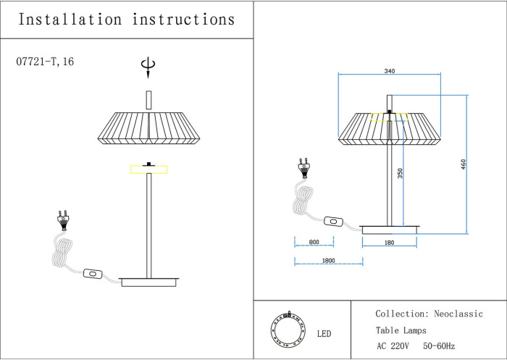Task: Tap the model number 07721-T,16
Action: coord(45,62)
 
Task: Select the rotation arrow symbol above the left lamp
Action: coord(148,67)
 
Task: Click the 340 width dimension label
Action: coord(390,70)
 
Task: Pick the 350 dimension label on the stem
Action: coord(400,173)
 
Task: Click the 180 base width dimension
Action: coord(390,243)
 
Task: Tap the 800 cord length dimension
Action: coord(314,243)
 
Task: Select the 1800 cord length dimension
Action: coord(327,260)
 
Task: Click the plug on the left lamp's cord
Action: coord(62,219)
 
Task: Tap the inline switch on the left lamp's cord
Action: coord(93,274)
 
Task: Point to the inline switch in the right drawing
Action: coord(335,221)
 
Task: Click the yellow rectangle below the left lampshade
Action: coord(148,170)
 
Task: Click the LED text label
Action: coord(324,334)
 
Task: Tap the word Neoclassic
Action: coord(458,314)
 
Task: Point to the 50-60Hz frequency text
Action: coord(439,346)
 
